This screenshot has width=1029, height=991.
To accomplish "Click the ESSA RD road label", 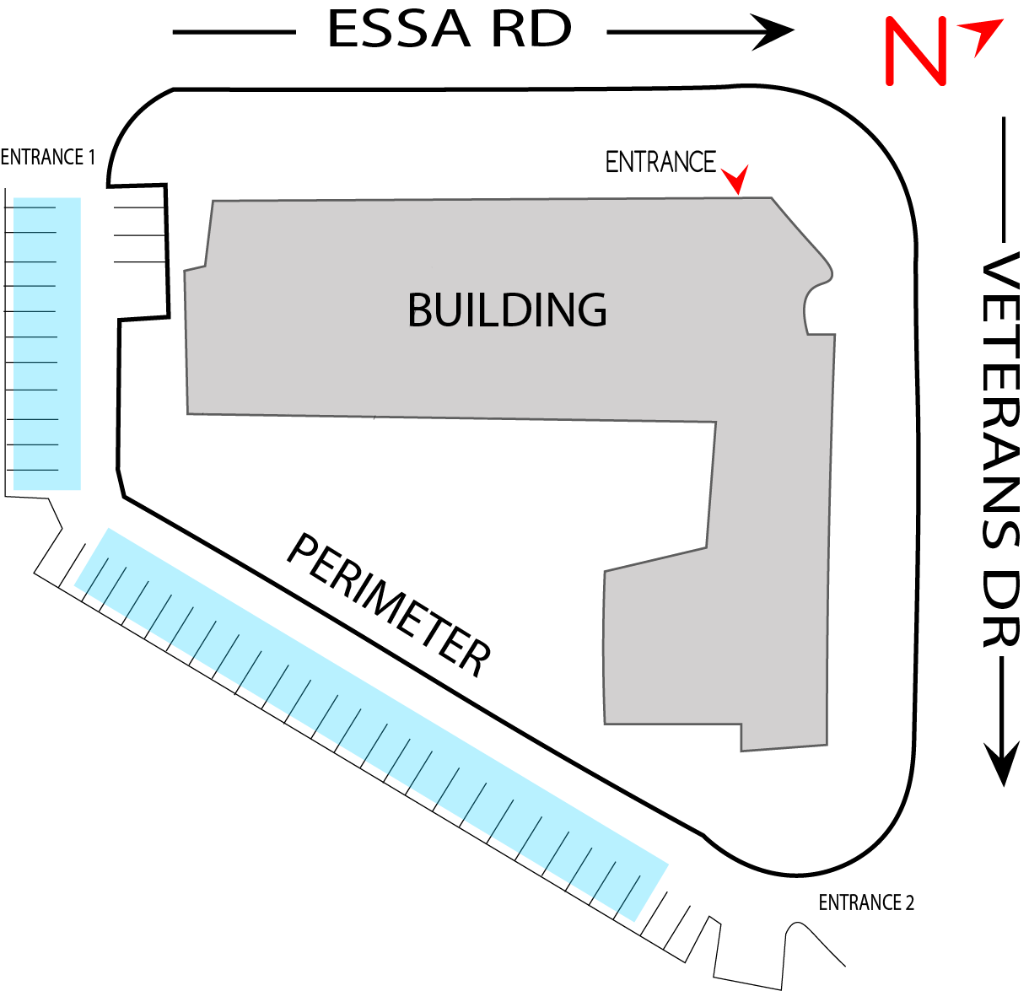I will tap(450, 30).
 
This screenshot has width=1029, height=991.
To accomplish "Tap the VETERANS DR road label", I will tap(1002, 451).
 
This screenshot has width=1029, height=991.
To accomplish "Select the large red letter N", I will tap(914, 51).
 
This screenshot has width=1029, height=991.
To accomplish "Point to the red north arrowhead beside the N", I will tap(984, 37).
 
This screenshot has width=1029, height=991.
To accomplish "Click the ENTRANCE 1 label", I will tap(47, 158).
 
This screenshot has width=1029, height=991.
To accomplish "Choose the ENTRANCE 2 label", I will tap(865, 903).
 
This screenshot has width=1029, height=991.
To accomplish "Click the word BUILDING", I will tap(507, 310).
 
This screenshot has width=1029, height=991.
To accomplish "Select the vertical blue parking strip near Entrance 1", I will tap(47, 343).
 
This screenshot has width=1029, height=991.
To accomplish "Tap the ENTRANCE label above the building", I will tap(660, 162).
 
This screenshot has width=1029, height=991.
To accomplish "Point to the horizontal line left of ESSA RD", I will tap(234, 33).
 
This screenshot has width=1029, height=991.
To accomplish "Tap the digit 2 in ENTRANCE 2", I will tap(909, 903).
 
